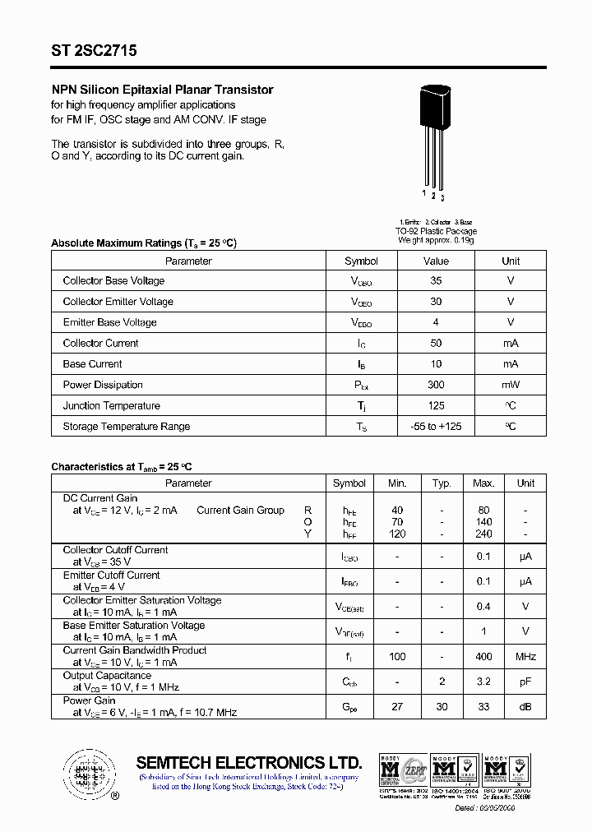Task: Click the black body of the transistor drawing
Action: tap(437, 109)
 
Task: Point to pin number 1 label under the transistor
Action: tap(424, 193)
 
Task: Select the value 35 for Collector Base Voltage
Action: tap(436, 281)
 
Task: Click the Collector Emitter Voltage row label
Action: tap(118, 302)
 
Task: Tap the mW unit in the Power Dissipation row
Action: tap(511, 385)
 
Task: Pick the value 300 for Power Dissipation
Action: tap(436, 385)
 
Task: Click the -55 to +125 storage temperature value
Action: tap(436, 427)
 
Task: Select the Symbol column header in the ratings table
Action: tap(361, 261)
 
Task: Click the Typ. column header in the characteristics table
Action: tap(442, 483)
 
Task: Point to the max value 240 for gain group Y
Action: tap(483, 534)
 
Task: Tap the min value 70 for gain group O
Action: tap(398, 522)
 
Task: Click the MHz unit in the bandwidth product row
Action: tap(525, 657)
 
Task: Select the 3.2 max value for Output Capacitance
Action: tap(483, 682)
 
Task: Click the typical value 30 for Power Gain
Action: tap(442, 707)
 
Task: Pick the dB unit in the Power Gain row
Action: tap(525, 707)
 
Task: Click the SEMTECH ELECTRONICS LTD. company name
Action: tap(248, 762)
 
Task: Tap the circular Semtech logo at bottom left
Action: tap(86, 774)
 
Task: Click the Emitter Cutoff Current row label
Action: tap(111, 575)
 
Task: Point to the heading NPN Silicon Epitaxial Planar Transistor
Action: tap(162, 90)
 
